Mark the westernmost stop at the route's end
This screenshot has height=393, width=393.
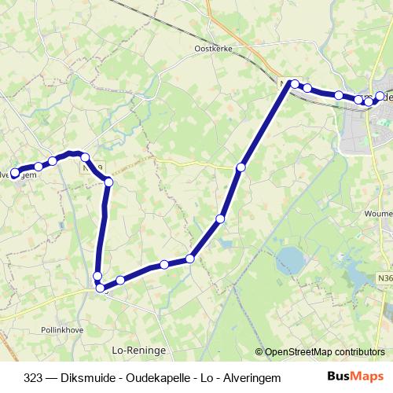click(14, 172)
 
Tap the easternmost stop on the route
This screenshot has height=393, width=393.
click(380, 96)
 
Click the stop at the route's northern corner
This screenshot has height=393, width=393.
click(295, 83)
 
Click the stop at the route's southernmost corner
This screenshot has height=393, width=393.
click(101, 288)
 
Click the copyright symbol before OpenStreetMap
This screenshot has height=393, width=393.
click(259, 352)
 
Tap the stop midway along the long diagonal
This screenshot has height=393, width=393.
click(221, 219)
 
